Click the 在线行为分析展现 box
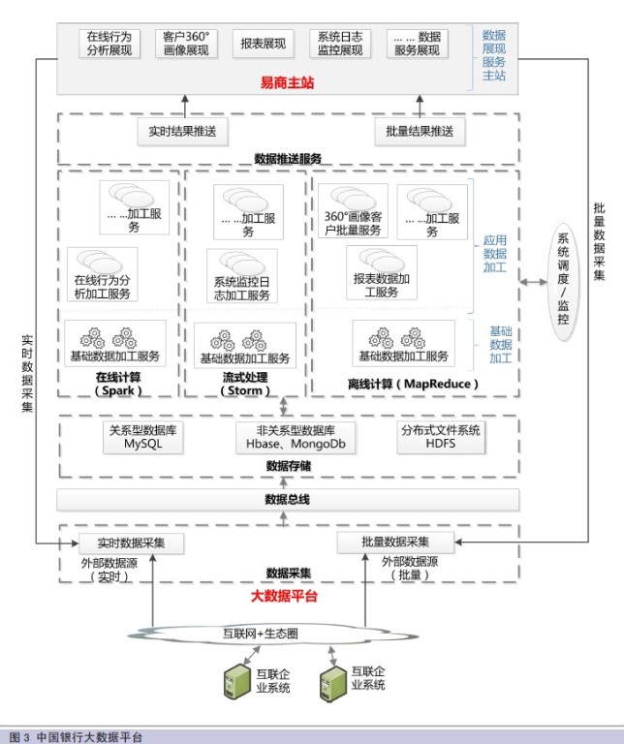(x=109, y=44)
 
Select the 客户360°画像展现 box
(x=185, y=44)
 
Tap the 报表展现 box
(x=262, y=44)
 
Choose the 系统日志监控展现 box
(x=339, y=44)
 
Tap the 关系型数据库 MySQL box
(x=146, y=437)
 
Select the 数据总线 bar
(x=287, y=500)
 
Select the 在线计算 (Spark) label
(x=118, y=384)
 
